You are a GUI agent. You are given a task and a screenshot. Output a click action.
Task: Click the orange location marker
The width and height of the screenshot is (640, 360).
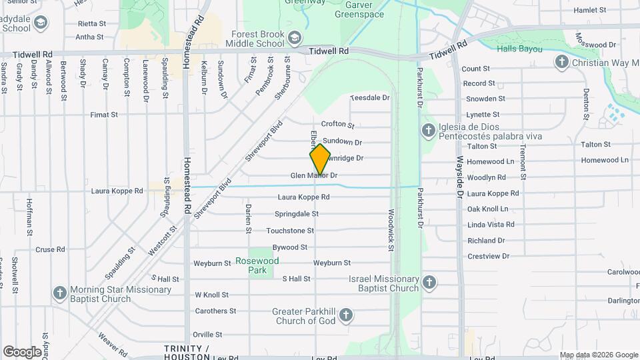[x=320, y=159]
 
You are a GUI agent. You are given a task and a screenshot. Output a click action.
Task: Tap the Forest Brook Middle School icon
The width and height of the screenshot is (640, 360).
[x=295, y=36]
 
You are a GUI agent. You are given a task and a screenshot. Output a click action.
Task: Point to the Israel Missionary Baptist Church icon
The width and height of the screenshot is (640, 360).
[x=429, y=282]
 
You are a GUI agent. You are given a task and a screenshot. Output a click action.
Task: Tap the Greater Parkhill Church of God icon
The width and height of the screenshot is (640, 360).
[x=345, y=315]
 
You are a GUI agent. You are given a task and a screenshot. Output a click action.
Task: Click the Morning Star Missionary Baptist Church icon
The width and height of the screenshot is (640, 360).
[x=59, y=293]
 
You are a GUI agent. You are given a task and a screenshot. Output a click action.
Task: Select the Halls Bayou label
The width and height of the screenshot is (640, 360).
[x=519, y=49]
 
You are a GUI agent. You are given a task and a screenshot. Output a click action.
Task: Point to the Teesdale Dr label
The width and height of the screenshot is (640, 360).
[x=369, y=97]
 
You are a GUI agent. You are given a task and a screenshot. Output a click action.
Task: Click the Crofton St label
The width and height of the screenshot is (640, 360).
[x=337, y=124]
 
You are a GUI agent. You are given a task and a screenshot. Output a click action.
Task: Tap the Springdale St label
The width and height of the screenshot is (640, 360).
[x=297, y=214]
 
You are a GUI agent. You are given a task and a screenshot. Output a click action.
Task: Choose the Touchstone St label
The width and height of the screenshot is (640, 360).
[x=290, y=231]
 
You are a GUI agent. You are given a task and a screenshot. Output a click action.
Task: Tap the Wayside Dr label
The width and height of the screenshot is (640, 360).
[x=460, y=180]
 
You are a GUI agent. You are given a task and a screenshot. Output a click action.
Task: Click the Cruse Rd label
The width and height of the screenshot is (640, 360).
[x=50, y=250]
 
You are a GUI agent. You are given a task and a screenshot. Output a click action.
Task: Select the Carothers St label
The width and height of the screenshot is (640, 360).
[x=215, y=311]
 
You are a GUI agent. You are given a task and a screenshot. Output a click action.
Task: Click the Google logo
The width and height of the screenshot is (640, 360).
[x=22, y=351]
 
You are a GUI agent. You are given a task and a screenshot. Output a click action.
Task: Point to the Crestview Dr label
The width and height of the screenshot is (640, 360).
[x=488, y=256]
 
